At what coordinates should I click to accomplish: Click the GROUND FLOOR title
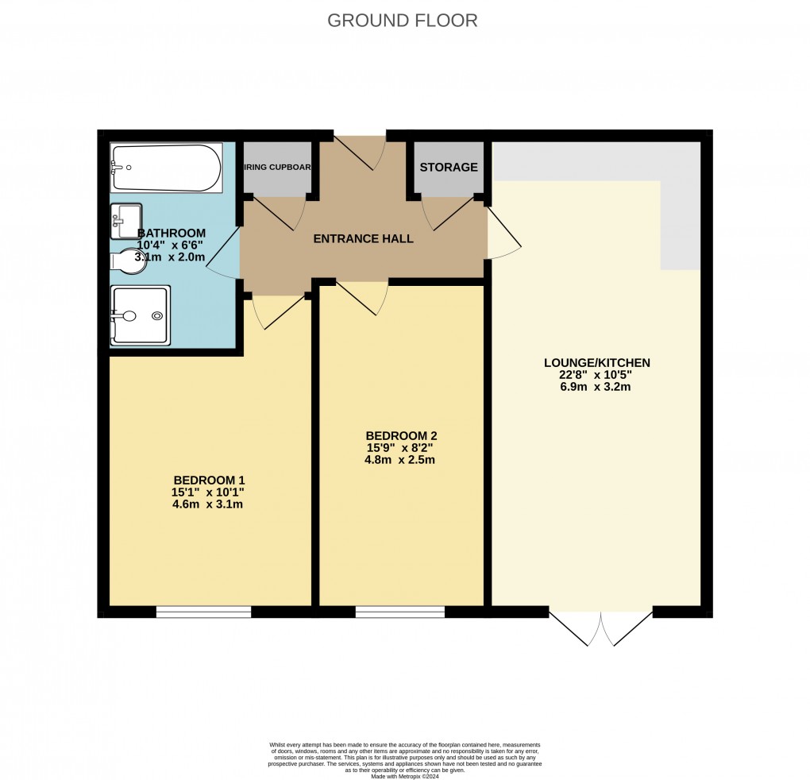(403, 21)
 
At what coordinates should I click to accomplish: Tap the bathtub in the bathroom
(166, 168)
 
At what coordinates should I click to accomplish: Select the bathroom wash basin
(126, 220)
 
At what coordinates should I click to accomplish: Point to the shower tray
(140, 315)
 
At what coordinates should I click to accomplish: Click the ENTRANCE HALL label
(363, 238)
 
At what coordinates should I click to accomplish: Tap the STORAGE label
(449, 168)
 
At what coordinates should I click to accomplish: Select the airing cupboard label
(277, 168)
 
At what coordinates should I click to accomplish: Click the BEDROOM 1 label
(209, 480)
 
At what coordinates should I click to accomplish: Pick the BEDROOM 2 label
(401, 435)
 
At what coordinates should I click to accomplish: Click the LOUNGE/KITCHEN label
(596, 363)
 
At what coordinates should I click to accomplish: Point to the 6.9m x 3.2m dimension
(596, 388)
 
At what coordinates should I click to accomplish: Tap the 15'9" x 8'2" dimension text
(401, 447)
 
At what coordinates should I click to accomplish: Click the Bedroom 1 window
(203, 612)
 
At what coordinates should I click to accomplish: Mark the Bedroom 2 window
(400, 612)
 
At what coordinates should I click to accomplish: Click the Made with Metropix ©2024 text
(405, 775)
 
